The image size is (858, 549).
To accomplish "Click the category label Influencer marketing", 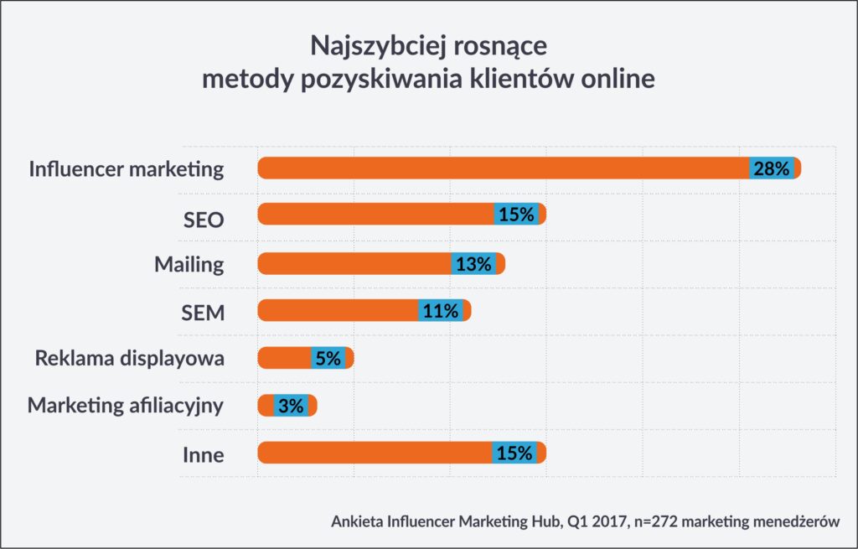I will pos(127,168).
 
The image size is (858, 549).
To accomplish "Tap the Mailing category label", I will pos(189,265).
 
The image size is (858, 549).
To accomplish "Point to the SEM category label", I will pos(203,312).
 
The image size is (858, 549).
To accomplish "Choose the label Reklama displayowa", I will pos(129,359).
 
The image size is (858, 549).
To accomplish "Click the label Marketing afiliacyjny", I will pos(126,406).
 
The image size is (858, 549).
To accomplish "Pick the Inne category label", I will pos(204,454).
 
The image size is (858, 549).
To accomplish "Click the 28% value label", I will pos(771,168).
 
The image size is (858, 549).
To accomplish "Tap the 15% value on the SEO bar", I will pos(516,215).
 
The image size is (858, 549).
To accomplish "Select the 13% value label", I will pos(473,264).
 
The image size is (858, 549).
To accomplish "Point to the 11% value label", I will pos(440,311).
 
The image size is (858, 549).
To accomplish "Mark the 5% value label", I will pos(328,359).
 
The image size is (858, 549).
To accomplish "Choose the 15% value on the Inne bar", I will pos(514,453).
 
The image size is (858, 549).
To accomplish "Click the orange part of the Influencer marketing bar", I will pos(503,168).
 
